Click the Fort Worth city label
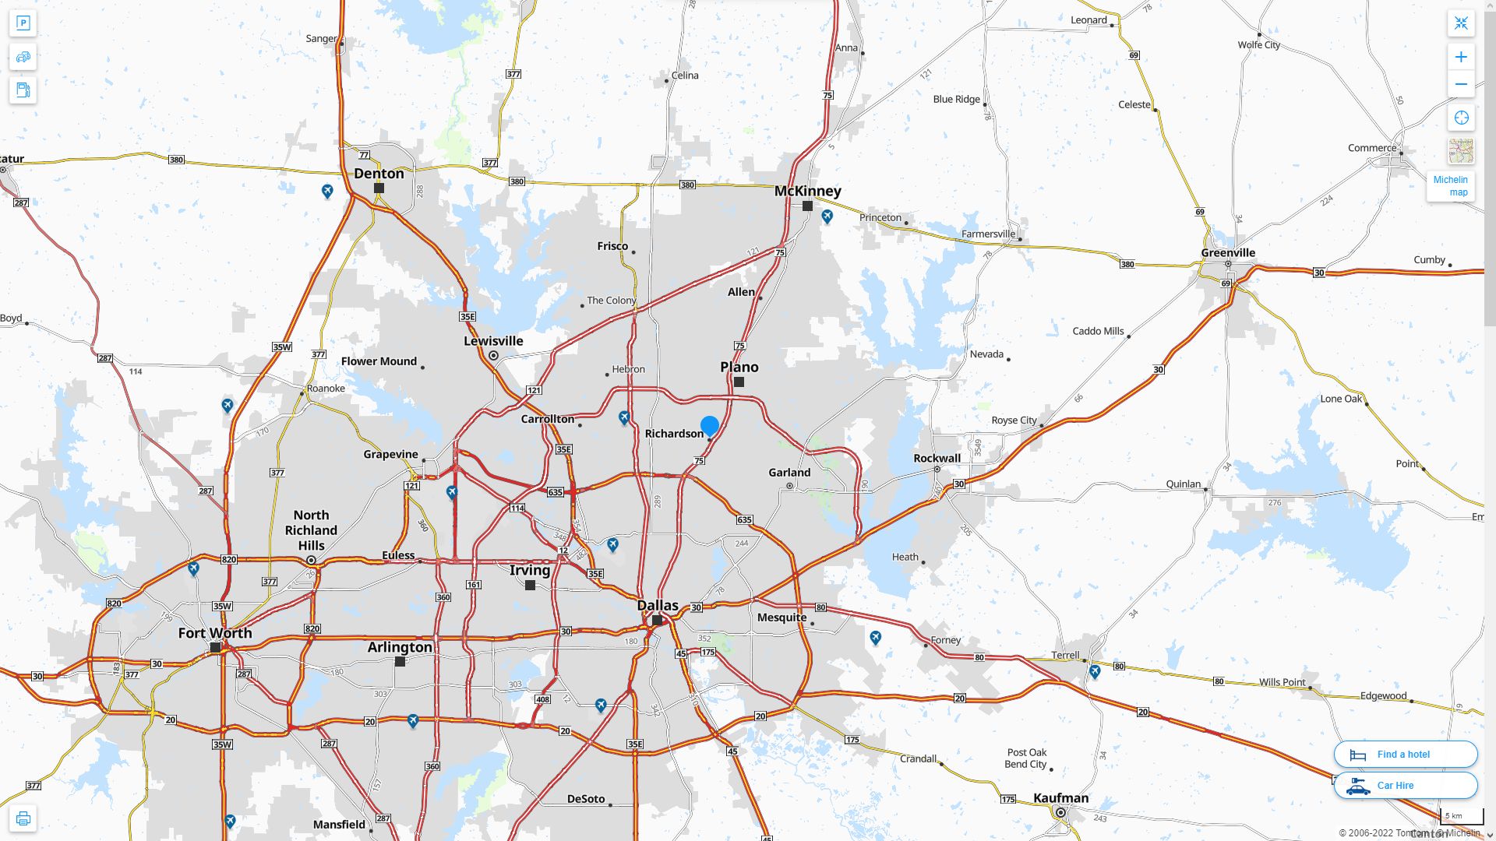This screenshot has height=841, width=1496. [x=215, y=633]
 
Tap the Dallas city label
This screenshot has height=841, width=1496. [x=658, y=605]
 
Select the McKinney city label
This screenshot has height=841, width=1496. [x=807, y=191]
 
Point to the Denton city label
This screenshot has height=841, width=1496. [x=379, y=174]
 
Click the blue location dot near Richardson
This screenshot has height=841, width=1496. [x=709, y=426]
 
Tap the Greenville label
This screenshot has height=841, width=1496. [x=1228, y=252]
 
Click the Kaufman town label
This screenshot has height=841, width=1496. [x=1060, y=797]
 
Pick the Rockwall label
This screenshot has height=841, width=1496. [x=937, y=458]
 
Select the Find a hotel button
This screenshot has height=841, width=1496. [x=1406, y=755]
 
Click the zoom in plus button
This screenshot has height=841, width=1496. [x=1461, y=57]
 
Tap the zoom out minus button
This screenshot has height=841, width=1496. [x=1461, y=84]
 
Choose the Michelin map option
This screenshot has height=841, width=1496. [x=1451, y=186]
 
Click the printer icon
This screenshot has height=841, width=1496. [x=23, y=818]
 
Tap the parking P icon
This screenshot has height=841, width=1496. [x=23, y=23]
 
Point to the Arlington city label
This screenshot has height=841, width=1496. [x=400, y=647]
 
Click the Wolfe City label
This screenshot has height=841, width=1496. [x=1258, y=45]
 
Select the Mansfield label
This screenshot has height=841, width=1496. [x=339, y=825]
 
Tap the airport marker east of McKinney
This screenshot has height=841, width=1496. [x=827, y=216]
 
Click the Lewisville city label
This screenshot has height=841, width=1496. [x=493, y=341]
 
